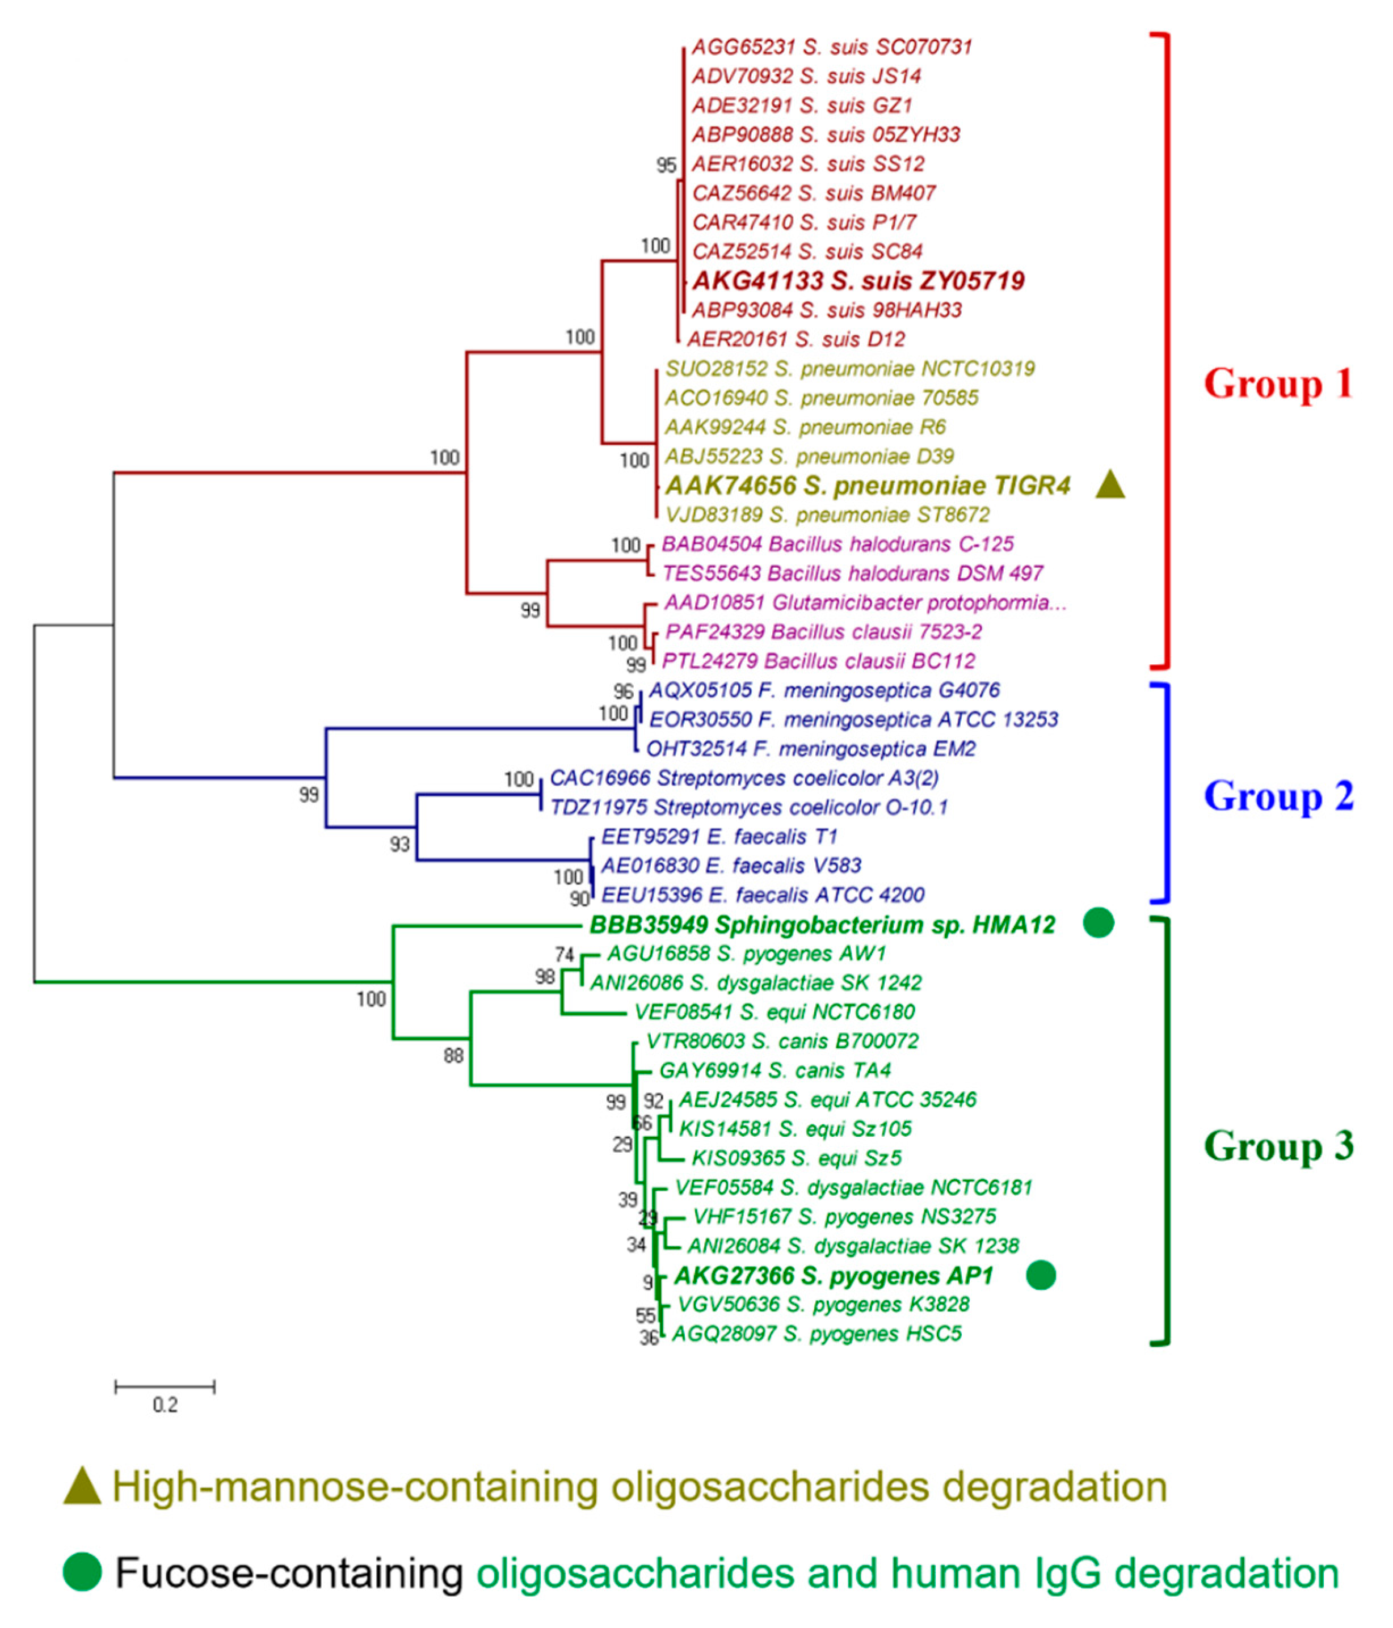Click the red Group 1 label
[x=1277, y=383]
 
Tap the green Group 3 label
[x=1278, y=1146]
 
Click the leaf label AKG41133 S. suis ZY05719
[x=858, y=280]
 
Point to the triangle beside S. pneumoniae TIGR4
[x=1110, y=485]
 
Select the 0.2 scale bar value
[x=165, y=1405]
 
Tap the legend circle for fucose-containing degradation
[x=82, y=1572]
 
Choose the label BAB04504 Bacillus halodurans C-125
[x=837, y=544]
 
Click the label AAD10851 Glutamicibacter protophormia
[x=865, y=602]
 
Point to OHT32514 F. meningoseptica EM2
[x=810, y=749]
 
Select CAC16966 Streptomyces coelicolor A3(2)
[x=744, y=778]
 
